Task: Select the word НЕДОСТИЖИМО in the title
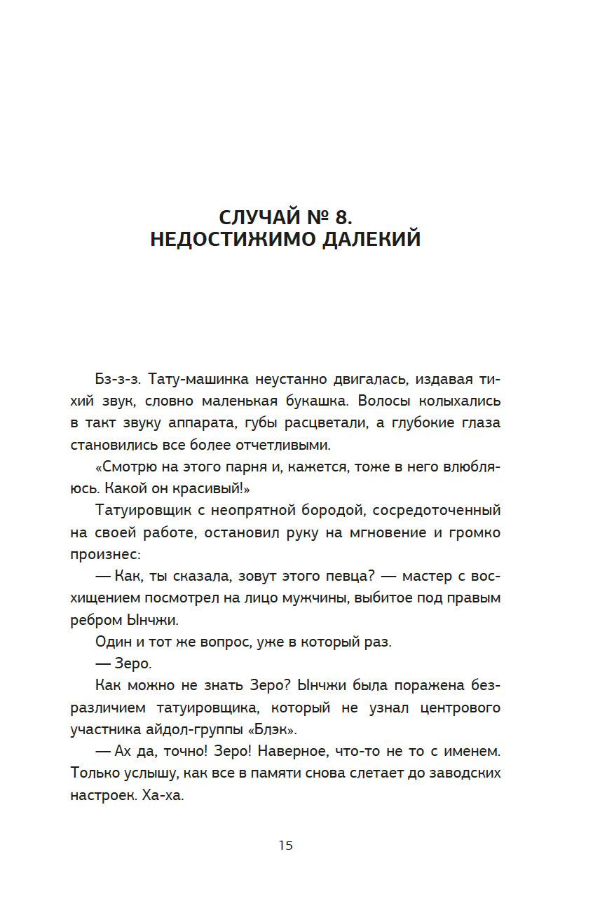tap(234, 239)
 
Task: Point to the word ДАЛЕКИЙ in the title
tap(372, 239)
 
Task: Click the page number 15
tap(285, 846)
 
